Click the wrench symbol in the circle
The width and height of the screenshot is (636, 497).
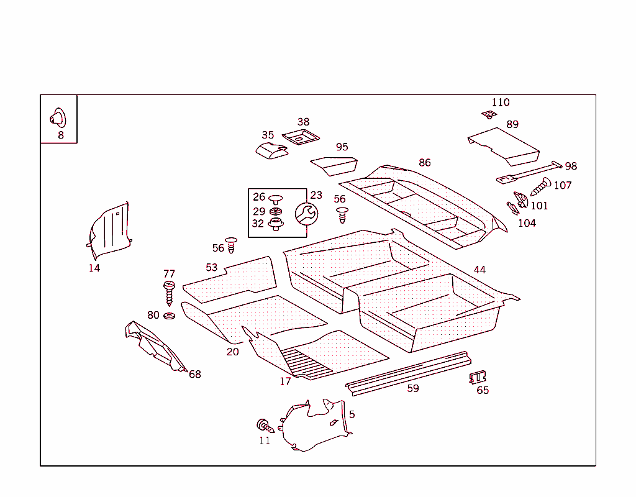[306, 214]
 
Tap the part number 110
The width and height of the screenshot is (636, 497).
[501, 103]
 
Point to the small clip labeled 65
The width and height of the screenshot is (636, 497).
[478, 377]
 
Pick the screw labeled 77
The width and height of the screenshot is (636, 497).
[169, 292]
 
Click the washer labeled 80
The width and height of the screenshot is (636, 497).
[169, 316]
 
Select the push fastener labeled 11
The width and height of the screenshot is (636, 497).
[265, 426]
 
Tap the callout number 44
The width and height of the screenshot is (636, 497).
[479, 270]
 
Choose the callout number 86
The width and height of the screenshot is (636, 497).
[424, 163]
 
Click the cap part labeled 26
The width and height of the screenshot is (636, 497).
[275, 198]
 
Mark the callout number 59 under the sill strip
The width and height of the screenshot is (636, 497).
[413, 389]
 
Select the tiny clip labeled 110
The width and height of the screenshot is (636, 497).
[488, 114]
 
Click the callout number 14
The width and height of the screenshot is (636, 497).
[94, 268]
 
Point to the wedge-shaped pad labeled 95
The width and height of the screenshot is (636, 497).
[335, 165]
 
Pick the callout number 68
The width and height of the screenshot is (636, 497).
[195, 374]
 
